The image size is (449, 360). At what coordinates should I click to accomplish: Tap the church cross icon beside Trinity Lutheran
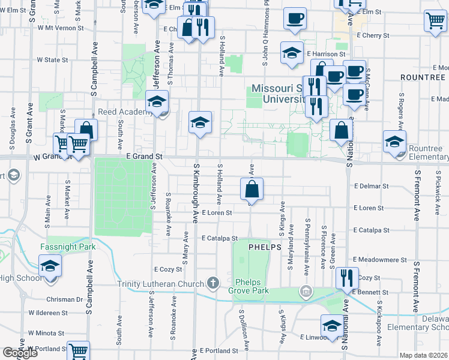[x=212, y=283]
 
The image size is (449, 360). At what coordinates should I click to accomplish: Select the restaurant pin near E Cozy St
[x=346, y=278]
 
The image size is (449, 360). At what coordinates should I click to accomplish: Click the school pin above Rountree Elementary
[x=394, y=142]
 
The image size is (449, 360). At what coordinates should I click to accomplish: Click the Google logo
[x=20, y=353]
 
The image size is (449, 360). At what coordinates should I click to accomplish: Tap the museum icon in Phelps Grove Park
[x=306, y=292]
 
